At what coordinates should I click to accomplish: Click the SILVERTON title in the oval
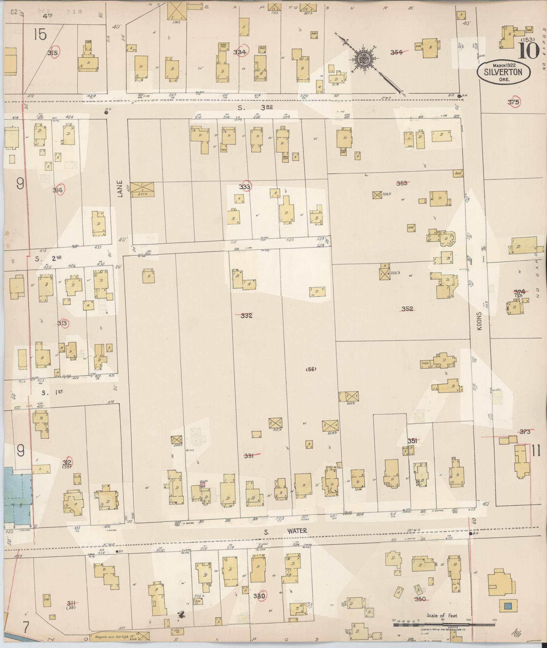click(x=503, y=72)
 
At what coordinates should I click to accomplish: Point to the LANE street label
click(x=120, y=188)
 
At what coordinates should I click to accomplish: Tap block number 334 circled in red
click(x=240, y=52)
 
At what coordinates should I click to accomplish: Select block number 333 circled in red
click(x=245, y=187)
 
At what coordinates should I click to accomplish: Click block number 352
click(x=407, y=309)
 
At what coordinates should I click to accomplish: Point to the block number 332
click(x=247, y=315)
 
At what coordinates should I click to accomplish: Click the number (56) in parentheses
click(x=311, y=369)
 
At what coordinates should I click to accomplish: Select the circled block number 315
click(x=53, y=53)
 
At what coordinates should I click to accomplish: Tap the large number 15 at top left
click(x=40, y=34)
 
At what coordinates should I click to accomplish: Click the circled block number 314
click(x=58, y=190)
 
